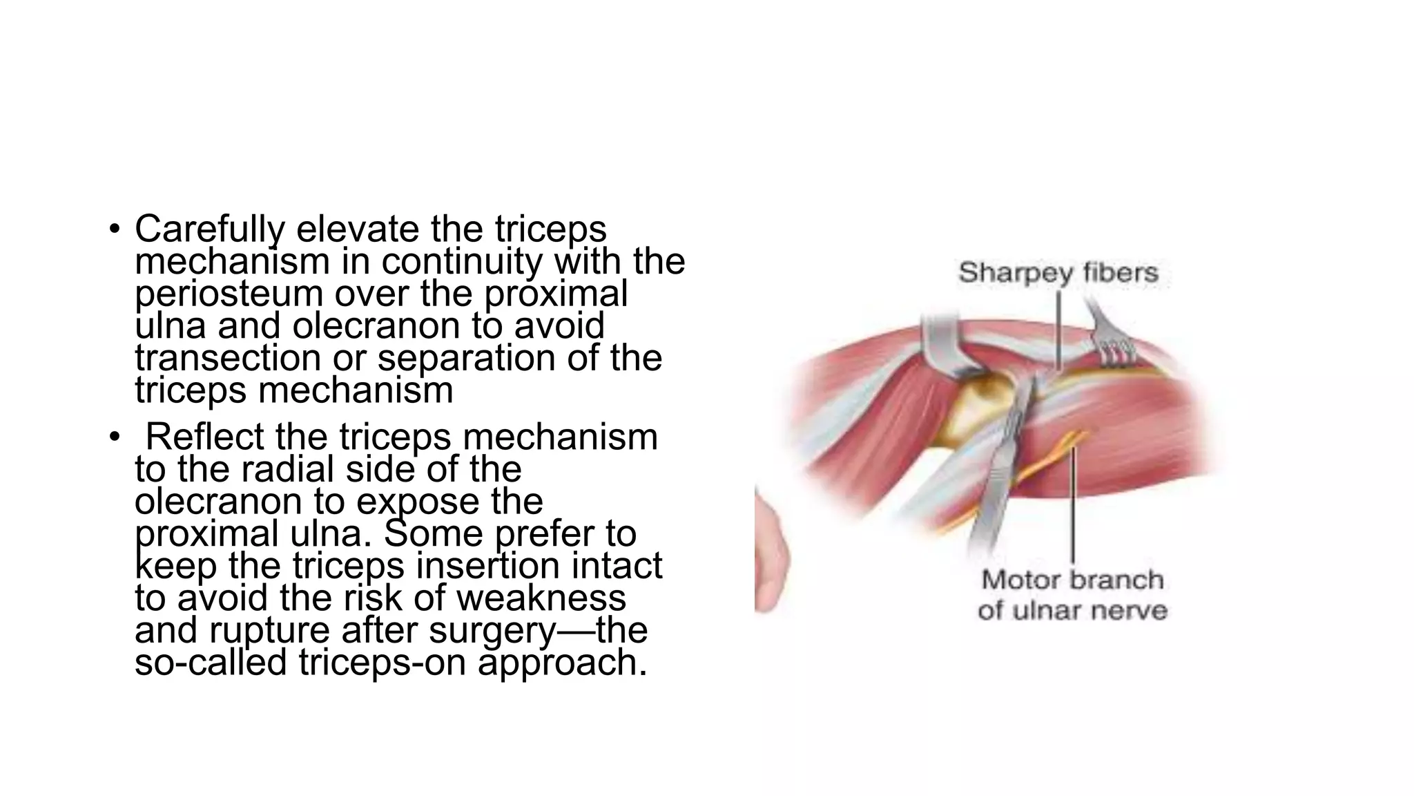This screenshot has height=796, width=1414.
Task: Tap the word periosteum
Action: pyautogui.click(x=229, y=294)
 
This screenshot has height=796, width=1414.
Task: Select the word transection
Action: pyautogui.click(x=227, y=358)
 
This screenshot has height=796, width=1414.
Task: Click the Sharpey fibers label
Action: pyautogui.click(x=1058, y=272)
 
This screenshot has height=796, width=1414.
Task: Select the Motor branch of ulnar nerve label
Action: pyautogui.click(x=1072, y=595)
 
